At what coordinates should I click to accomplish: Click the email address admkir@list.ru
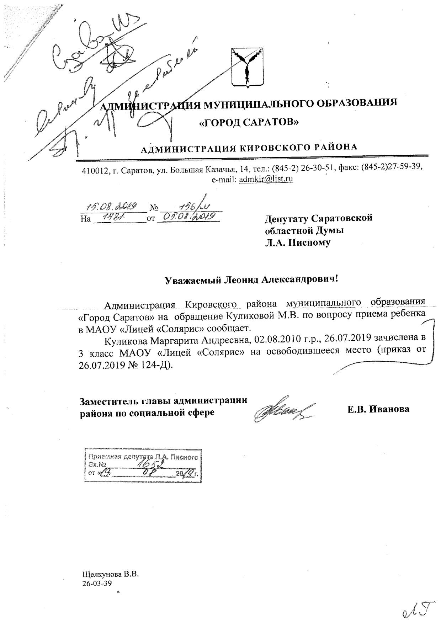(x=266, y=179)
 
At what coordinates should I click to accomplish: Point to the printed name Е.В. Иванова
(x=378, y=409)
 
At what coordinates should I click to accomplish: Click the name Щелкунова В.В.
(x=110, y=574)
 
